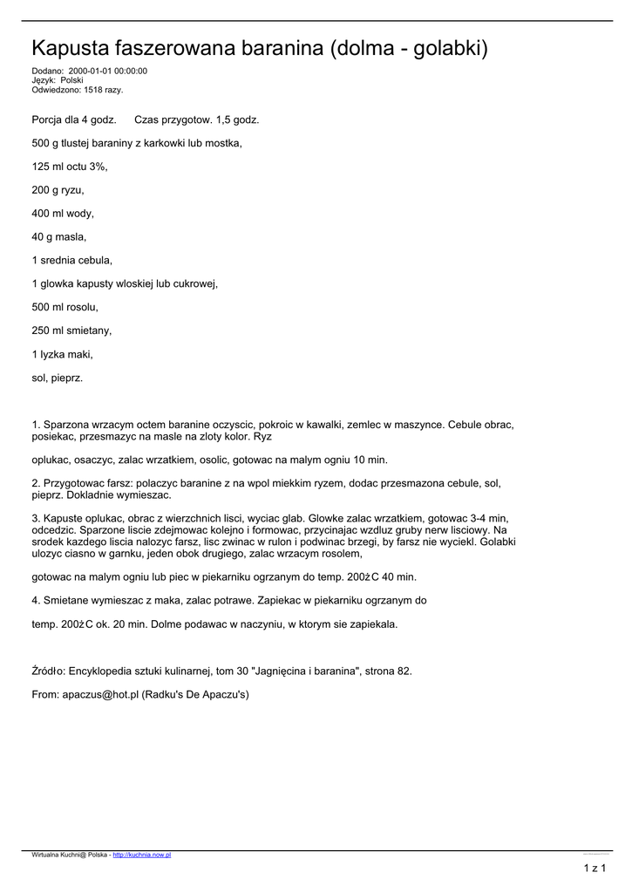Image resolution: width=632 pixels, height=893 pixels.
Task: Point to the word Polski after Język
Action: (71, 80)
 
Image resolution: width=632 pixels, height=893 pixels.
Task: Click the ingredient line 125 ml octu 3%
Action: (70, 166)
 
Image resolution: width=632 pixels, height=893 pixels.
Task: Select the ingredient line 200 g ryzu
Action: (58, 189)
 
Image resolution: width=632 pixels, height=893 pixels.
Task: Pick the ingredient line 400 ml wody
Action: (63, 213)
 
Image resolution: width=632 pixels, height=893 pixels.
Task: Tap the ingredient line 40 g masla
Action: (59, 236)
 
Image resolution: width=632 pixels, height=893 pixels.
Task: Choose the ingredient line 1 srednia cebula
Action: (72, 260)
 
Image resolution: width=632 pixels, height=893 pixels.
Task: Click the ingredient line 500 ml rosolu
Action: (65, 307)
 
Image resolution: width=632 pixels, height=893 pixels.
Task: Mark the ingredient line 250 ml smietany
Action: (71, 331)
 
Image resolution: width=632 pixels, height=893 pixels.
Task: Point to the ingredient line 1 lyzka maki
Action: (62, 354)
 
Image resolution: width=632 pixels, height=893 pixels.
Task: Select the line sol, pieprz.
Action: (58, 378)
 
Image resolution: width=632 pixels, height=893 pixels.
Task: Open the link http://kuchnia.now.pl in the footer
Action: (142, 855)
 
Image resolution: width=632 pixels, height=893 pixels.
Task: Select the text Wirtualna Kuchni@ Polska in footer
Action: (69, 855)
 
